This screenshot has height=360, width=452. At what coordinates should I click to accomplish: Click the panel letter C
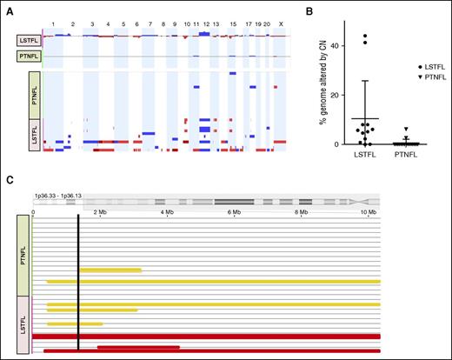click(9, 181)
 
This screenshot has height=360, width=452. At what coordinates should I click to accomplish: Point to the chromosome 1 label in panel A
click(53, 23)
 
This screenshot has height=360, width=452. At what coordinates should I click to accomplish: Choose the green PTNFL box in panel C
click(23, 256)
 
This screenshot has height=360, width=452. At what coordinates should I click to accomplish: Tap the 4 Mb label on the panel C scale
click(167, 211)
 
